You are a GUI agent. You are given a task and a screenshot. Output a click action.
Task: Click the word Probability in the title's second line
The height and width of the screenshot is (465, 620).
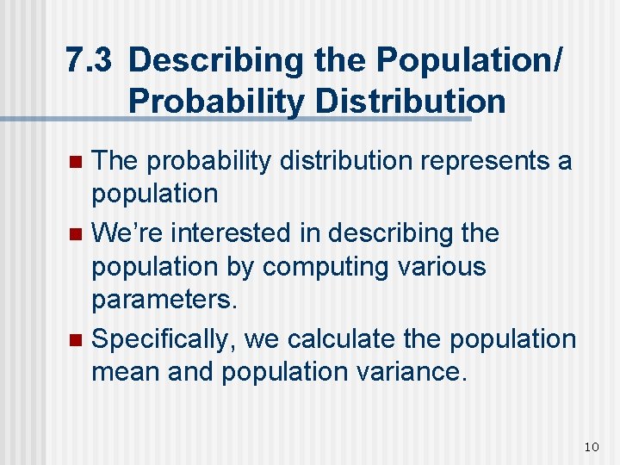[x=215, y=102]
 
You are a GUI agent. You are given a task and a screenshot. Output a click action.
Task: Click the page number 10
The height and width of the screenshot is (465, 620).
[x=591, y=446]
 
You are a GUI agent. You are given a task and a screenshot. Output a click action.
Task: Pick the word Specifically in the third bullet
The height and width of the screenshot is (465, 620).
[x=164, y=339]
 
